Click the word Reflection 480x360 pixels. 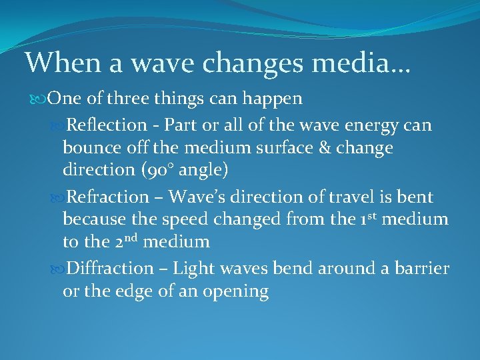click(x=107, y=125)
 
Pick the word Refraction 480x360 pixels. click(x=108, y=197)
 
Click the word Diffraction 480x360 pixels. click(x=110, y=269)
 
